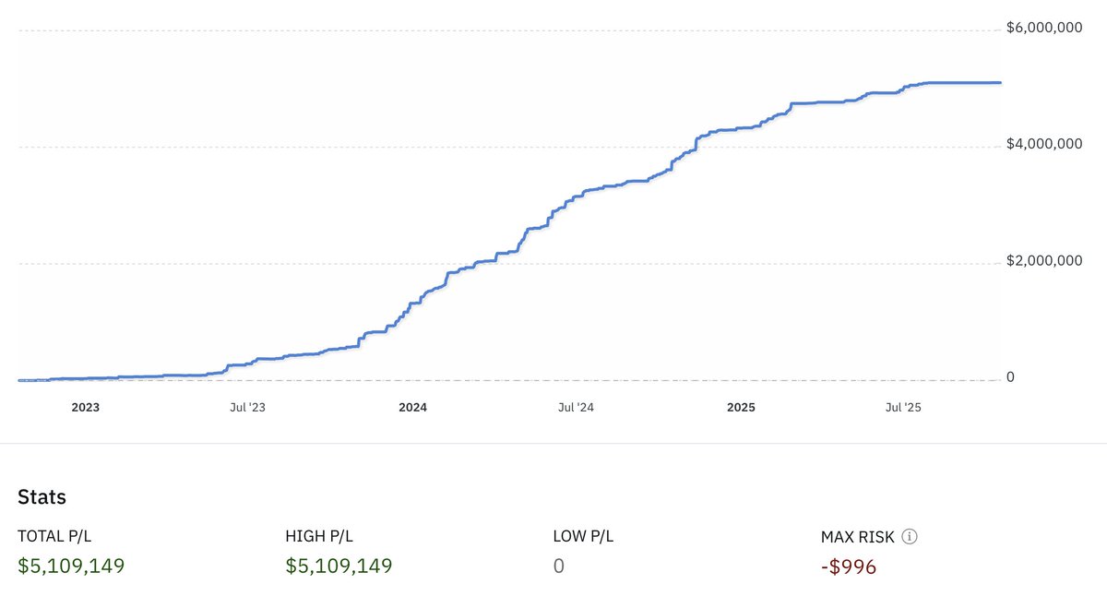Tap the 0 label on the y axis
1011,377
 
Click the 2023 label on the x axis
86,407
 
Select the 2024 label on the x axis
413,407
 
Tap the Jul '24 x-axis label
577,407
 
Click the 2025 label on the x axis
741,407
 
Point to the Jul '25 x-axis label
904,407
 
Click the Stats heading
42,497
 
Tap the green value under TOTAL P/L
71,566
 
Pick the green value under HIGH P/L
339,566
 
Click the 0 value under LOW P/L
559,566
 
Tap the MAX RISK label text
857,536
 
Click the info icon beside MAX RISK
910,536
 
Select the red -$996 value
849,566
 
